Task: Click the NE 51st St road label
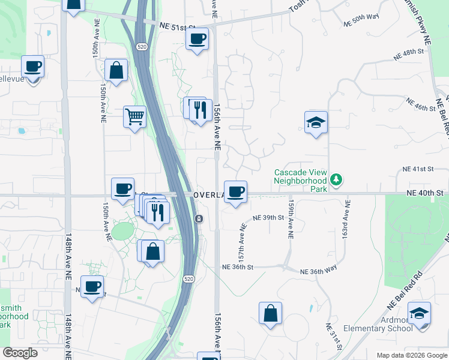[x=178, y=26]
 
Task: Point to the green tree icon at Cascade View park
[x=337, y=179]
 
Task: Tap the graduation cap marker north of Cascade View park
[x=316, y=122]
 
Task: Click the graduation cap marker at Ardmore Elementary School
[x=419, y=314]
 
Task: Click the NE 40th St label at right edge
[x=424, y=193]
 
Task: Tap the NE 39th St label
[x=268, y=218]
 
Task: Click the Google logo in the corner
[x=20, y=353]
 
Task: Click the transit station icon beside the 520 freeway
[x=198, y=218]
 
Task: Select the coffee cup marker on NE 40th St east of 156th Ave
[x=236, y=192]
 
